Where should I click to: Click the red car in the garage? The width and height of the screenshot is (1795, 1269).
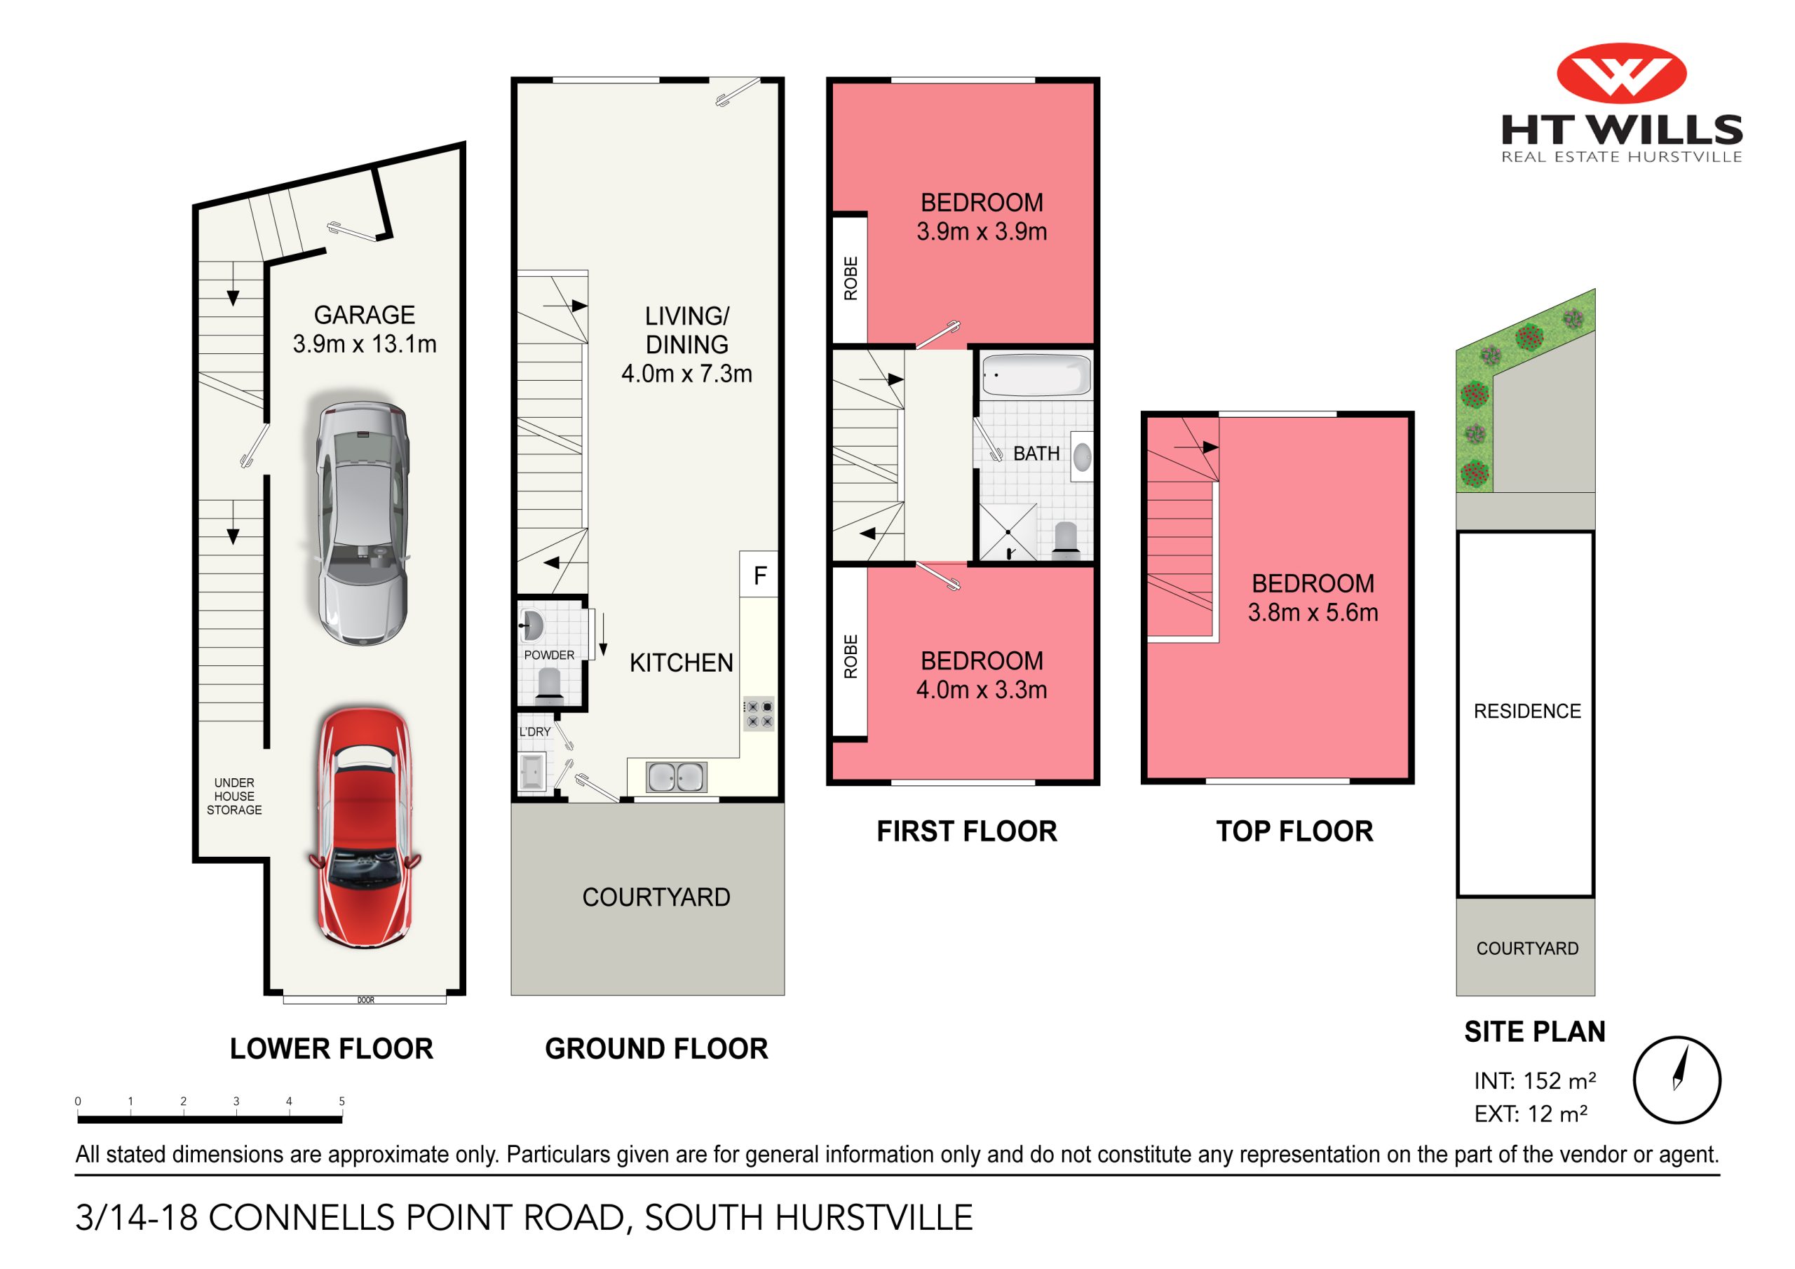[365, 829]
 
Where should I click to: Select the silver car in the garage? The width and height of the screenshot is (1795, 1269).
[362, 522]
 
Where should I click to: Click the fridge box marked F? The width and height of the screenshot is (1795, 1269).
[759, 576]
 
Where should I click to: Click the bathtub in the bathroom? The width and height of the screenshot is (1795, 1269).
[1035, 376]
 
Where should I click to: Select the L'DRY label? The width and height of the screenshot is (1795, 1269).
[535, 732]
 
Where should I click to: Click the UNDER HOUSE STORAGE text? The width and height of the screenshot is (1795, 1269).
[233, 796]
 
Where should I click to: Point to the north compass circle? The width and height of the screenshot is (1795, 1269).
[1677, 1080]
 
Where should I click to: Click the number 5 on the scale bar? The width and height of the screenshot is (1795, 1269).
[341, 1101]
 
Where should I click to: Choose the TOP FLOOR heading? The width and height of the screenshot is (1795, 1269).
[1294, 831]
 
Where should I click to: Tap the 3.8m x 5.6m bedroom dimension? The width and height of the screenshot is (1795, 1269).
[1313, 612]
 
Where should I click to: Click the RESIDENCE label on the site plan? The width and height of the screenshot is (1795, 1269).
[1527, 711]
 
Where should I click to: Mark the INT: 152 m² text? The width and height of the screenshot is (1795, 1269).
[1534, 1080]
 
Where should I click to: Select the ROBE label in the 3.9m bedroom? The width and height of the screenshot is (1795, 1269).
[851, 278]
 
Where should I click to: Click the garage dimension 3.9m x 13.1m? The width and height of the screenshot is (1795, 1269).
[365, 344]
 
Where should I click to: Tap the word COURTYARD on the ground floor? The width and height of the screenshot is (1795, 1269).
[656, 897]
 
